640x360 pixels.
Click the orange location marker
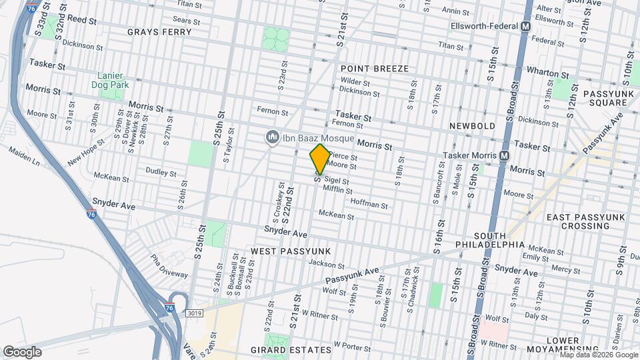click(320, 159)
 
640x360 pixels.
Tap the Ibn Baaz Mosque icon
click(271, 138)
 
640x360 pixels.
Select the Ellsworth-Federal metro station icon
click(525, 27)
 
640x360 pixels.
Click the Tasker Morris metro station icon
click(504, 155)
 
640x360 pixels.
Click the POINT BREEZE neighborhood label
click(374, 69)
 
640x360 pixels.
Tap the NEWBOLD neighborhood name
click(472, 126)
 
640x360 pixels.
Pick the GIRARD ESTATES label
click(291, 349)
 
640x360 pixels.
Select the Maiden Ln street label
click(24, 157)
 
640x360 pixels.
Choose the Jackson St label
click(325, 263)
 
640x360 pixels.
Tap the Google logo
click(23, 351)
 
